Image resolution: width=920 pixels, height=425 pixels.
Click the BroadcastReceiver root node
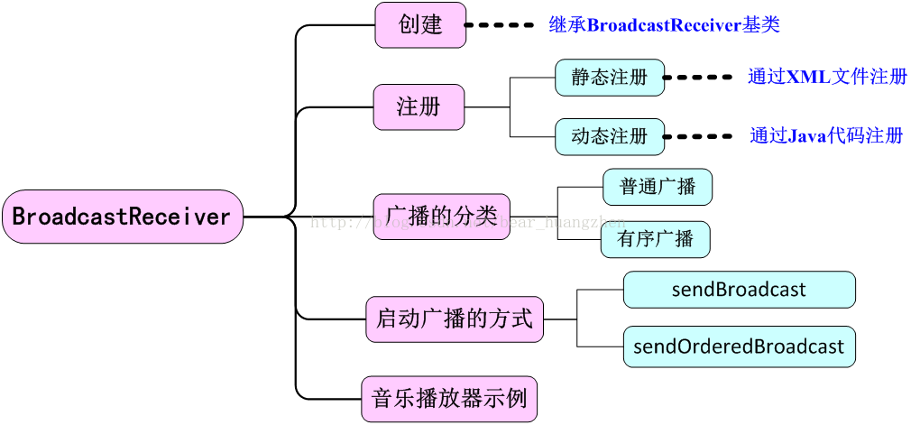click(122, 217)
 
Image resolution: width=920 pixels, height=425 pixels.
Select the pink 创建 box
click(420, 25)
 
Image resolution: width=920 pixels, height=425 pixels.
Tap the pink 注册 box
click(419, 107)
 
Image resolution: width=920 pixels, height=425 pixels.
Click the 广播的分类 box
click(441, 217)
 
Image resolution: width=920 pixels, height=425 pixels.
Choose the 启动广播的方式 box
click(454, 319)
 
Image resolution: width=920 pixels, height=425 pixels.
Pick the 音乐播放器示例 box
click(448, 399)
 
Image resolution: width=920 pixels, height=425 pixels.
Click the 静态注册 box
click(609, 78)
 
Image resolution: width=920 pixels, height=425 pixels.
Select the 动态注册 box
click(609, 137)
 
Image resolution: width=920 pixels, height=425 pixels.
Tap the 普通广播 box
click(657, 188)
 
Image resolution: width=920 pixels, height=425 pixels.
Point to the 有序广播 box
click(655, 240)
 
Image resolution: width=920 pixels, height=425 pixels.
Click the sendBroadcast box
click(739, 291)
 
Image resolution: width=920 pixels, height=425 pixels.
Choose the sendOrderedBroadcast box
click(739, 346)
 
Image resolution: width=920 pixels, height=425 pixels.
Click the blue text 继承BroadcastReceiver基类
click(664, 25)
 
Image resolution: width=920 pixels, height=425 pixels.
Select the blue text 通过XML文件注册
click(826, 78)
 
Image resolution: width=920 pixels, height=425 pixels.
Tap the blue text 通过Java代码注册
click(826, 136)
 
